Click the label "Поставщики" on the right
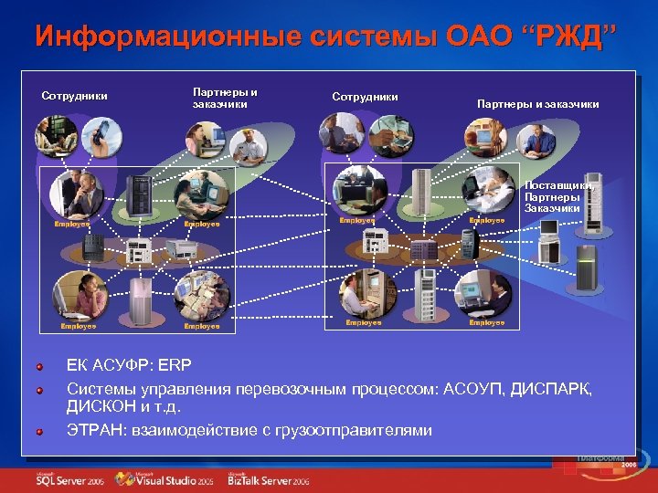[557, 185]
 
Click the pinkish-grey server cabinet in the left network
[142, 298]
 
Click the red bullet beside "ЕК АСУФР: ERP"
[40, 366]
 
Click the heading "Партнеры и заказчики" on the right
[537, 104]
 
